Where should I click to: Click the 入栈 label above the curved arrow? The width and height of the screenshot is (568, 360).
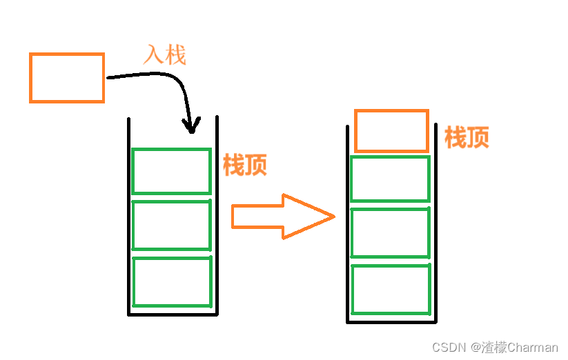[x=164, y=55]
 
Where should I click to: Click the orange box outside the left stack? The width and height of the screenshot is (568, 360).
[x=67, y=78]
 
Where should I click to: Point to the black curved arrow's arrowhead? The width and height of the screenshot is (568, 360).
[x=191, y=126]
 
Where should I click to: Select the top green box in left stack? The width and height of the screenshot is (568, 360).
[x=171, y=171]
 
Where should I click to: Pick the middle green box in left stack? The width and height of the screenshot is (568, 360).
[x=171, y=226]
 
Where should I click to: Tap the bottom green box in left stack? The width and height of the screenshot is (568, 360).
[x=172, y=281]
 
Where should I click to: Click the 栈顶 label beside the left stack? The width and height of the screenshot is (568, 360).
[x=244, y=165]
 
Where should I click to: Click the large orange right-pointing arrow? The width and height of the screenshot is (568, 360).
[x=283, y=217]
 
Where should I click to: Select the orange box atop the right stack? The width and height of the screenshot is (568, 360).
[x=391, y=131]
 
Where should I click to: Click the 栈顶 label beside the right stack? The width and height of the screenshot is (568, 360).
[x=467, y=138]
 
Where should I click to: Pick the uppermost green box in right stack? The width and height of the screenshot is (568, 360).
[x=390, y=179]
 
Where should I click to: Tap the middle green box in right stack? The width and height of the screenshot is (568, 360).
[x=390, y=233]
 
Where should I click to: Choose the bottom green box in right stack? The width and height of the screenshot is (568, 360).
[x=391, y=288]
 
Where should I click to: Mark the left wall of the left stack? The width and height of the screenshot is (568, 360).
[x=129, y=221]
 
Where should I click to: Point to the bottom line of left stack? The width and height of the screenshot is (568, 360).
[x=173, y=314]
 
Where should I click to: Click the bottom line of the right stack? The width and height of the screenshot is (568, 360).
[x=391, y=321]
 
